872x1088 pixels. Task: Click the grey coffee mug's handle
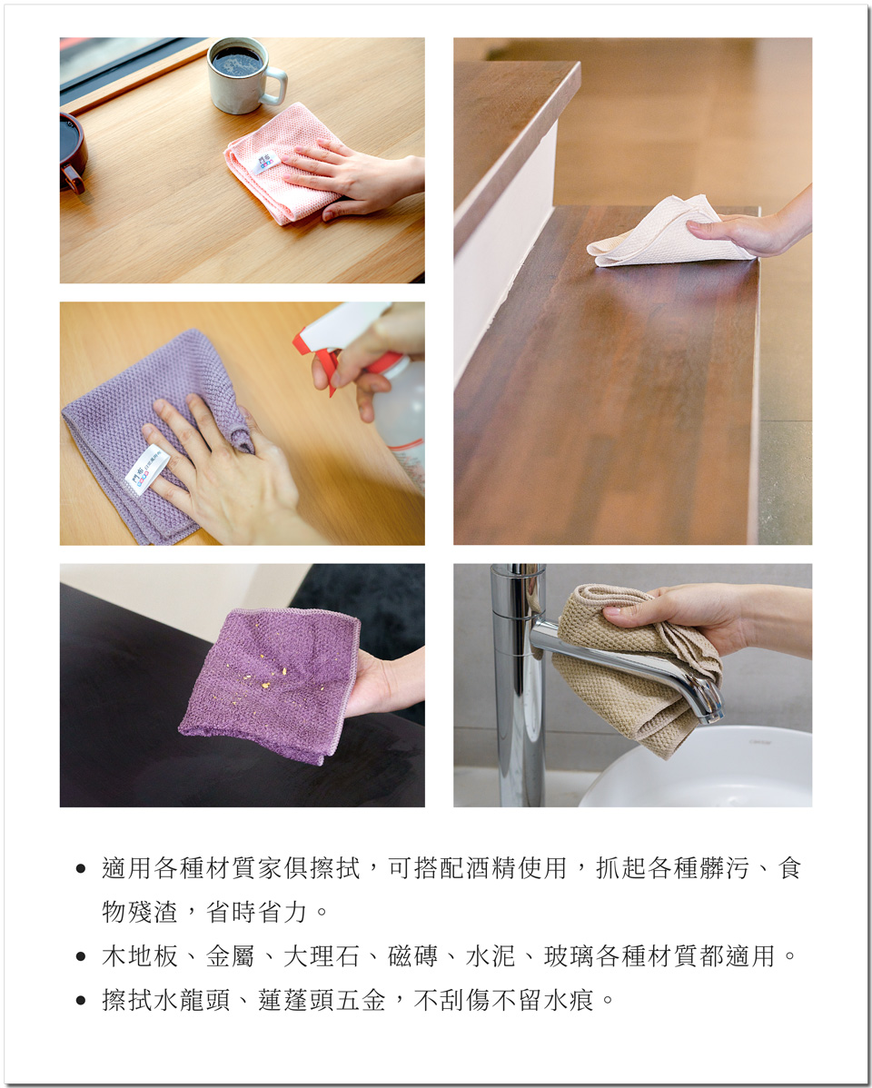tap(276, 86)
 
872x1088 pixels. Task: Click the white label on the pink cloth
tap(263, 163)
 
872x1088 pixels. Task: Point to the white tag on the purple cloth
tap(147, 470)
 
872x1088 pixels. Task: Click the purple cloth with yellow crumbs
tap(271, 684)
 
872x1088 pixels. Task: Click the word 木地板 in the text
tap(140, 956)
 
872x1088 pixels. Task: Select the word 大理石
tap(322, 956)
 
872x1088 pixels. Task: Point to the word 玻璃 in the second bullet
tap(570, 956)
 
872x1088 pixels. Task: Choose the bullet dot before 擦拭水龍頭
tap(81, 1001)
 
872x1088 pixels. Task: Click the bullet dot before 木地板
tap(81, 957)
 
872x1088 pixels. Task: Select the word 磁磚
tap(413, 956)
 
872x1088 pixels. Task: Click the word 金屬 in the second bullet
tap(231, 956)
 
